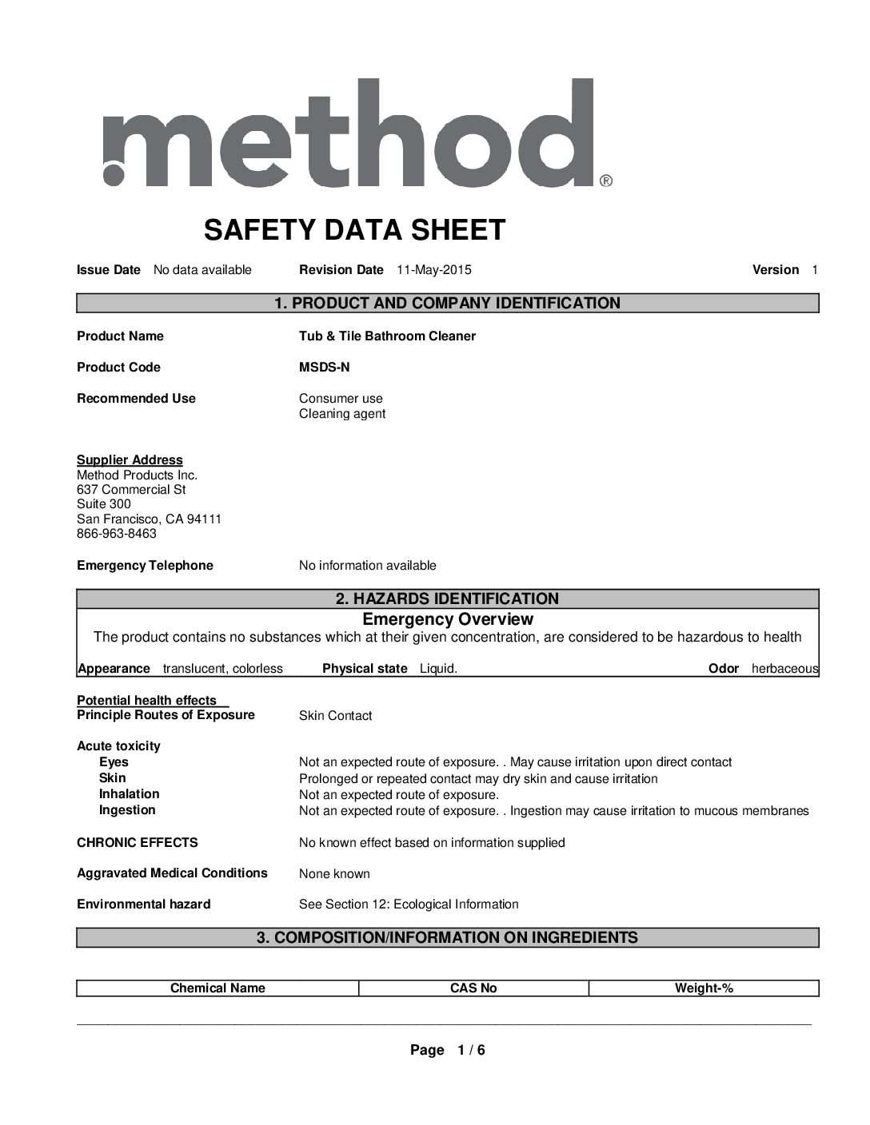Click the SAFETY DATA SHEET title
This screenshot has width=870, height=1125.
(354, 230)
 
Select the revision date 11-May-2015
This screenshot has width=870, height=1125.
(433, 270)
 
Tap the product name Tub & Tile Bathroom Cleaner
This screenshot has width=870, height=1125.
(387, 336)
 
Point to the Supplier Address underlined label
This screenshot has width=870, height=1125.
(130, 460)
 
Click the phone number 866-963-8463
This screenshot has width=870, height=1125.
(117, 534)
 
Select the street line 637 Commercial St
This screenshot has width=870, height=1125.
(131, 489)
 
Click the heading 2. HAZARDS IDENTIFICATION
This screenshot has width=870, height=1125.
(447, 598)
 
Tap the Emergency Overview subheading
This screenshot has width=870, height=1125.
(447, 619)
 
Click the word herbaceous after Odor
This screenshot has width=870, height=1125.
(784, 669)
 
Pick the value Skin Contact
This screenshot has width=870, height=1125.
(335, 716)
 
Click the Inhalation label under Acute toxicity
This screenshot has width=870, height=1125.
(129, 794)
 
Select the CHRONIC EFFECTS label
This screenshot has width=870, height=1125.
(137, 843)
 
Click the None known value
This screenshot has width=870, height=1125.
(334, 874)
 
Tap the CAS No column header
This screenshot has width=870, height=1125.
(473, 988)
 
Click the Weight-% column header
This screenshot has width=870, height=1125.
(704, 988)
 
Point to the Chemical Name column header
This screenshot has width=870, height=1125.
(217, 988)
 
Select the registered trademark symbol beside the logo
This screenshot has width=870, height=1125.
(606, 181)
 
